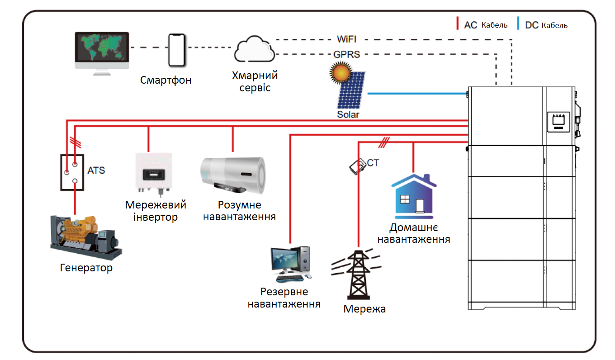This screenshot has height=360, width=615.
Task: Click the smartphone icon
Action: click(177, 50)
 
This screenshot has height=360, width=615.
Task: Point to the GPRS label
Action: click(347, 54)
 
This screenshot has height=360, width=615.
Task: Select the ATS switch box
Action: click(72, 172)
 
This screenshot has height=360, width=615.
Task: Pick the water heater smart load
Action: click(233, 174)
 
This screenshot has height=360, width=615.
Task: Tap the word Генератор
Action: click(86, 268)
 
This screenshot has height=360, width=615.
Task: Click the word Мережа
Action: click(364, 309)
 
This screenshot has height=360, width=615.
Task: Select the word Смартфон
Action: click(166, 81)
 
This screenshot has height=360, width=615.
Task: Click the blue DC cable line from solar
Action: click(416, 94)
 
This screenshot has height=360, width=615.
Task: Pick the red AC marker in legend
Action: click(458, 24)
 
